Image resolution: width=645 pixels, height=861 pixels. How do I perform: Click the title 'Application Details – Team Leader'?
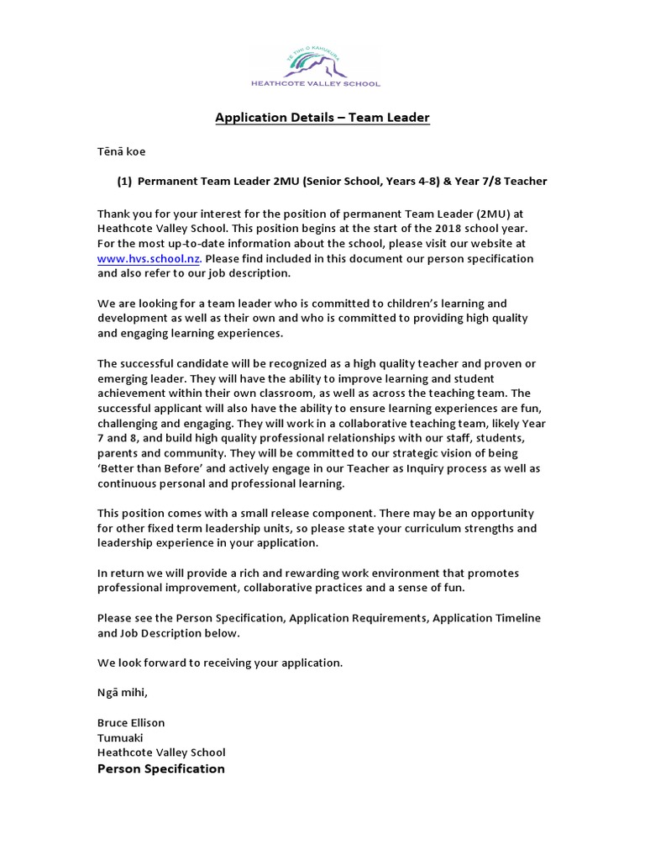322,118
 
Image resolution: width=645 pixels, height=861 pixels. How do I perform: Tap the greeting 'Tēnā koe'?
122,152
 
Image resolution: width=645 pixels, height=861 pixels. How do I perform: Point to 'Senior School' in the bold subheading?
345,181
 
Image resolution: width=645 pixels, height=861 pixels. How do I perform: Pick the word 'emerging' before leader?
123,378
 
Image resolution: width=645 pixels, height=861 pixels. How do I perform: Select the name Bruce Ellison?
131,722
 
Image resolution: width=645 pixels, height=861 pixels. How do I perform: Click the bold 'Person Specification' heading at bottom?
161,769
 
